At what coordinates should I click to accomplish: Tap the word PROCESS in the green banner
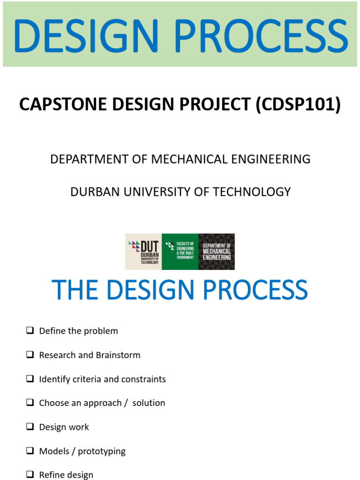(261, 35)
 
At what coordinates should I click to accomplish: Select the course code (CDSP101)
(298, 105)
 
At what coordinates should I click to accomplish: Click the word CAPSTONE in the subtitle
(63, 104)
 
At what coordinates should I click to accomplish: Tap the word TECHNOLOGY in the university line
(252, 192)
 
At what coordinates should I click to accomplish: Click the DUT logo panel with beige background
(143, 252)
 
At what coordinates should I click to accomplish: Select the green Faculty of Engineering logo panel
(180, 252)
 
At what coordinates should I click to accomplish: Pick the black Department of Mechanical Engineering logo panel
(217, 252)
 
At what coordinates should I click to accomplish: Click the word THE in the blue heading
(75, 290)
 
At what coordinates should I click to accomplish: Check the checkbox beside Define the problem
(30, 330)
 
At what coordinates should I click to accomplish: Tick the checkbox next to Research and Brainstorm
(30, 354)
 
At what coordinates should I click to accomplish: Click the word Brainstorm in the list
(118, 355)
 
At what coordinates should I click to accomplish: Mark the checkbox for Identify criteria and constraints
(30, 379)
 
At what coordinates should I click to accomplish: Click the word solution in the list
(149, 403)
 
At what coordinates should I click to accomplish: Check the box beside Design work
(30, 427)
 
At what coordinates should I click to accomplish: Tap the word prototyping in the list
(102, 451)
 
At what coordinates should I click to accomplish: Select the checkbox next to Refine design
(30, 474)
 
